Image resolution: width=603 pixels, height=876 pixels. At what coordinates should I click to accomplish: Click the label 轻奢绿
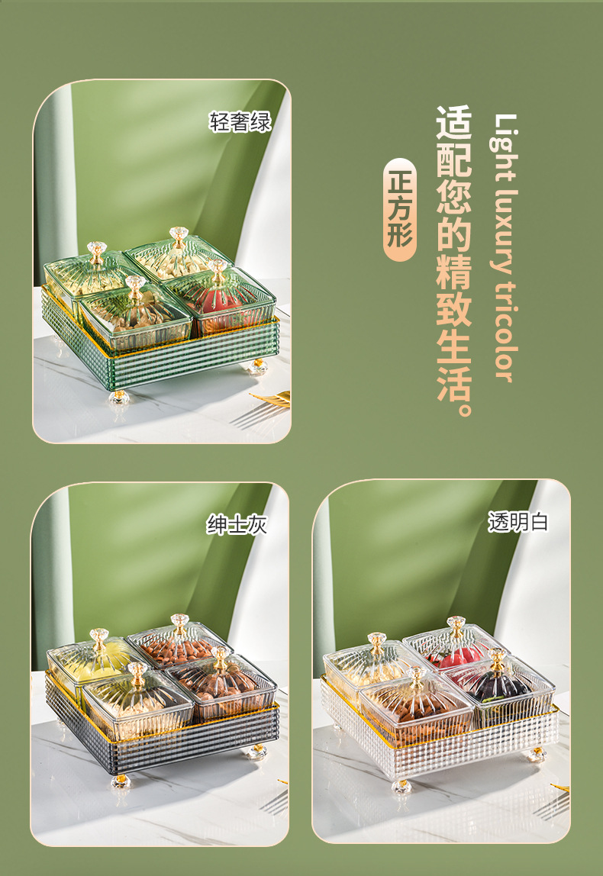240,122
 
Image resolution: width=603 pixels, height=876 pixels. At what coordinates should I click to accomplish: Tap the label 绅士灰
237,525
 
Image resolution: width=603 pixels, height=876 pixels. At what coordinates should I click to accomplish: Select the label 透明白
518,522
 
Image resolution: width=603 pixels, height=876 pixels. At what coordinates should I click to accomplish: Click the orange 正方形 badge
400,209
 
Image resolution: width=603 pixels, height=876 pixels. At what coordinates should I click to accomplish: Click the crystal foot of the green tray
119,396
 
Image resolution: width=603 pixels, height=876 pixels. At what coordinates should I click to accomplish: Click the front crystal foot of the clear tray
401,785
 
